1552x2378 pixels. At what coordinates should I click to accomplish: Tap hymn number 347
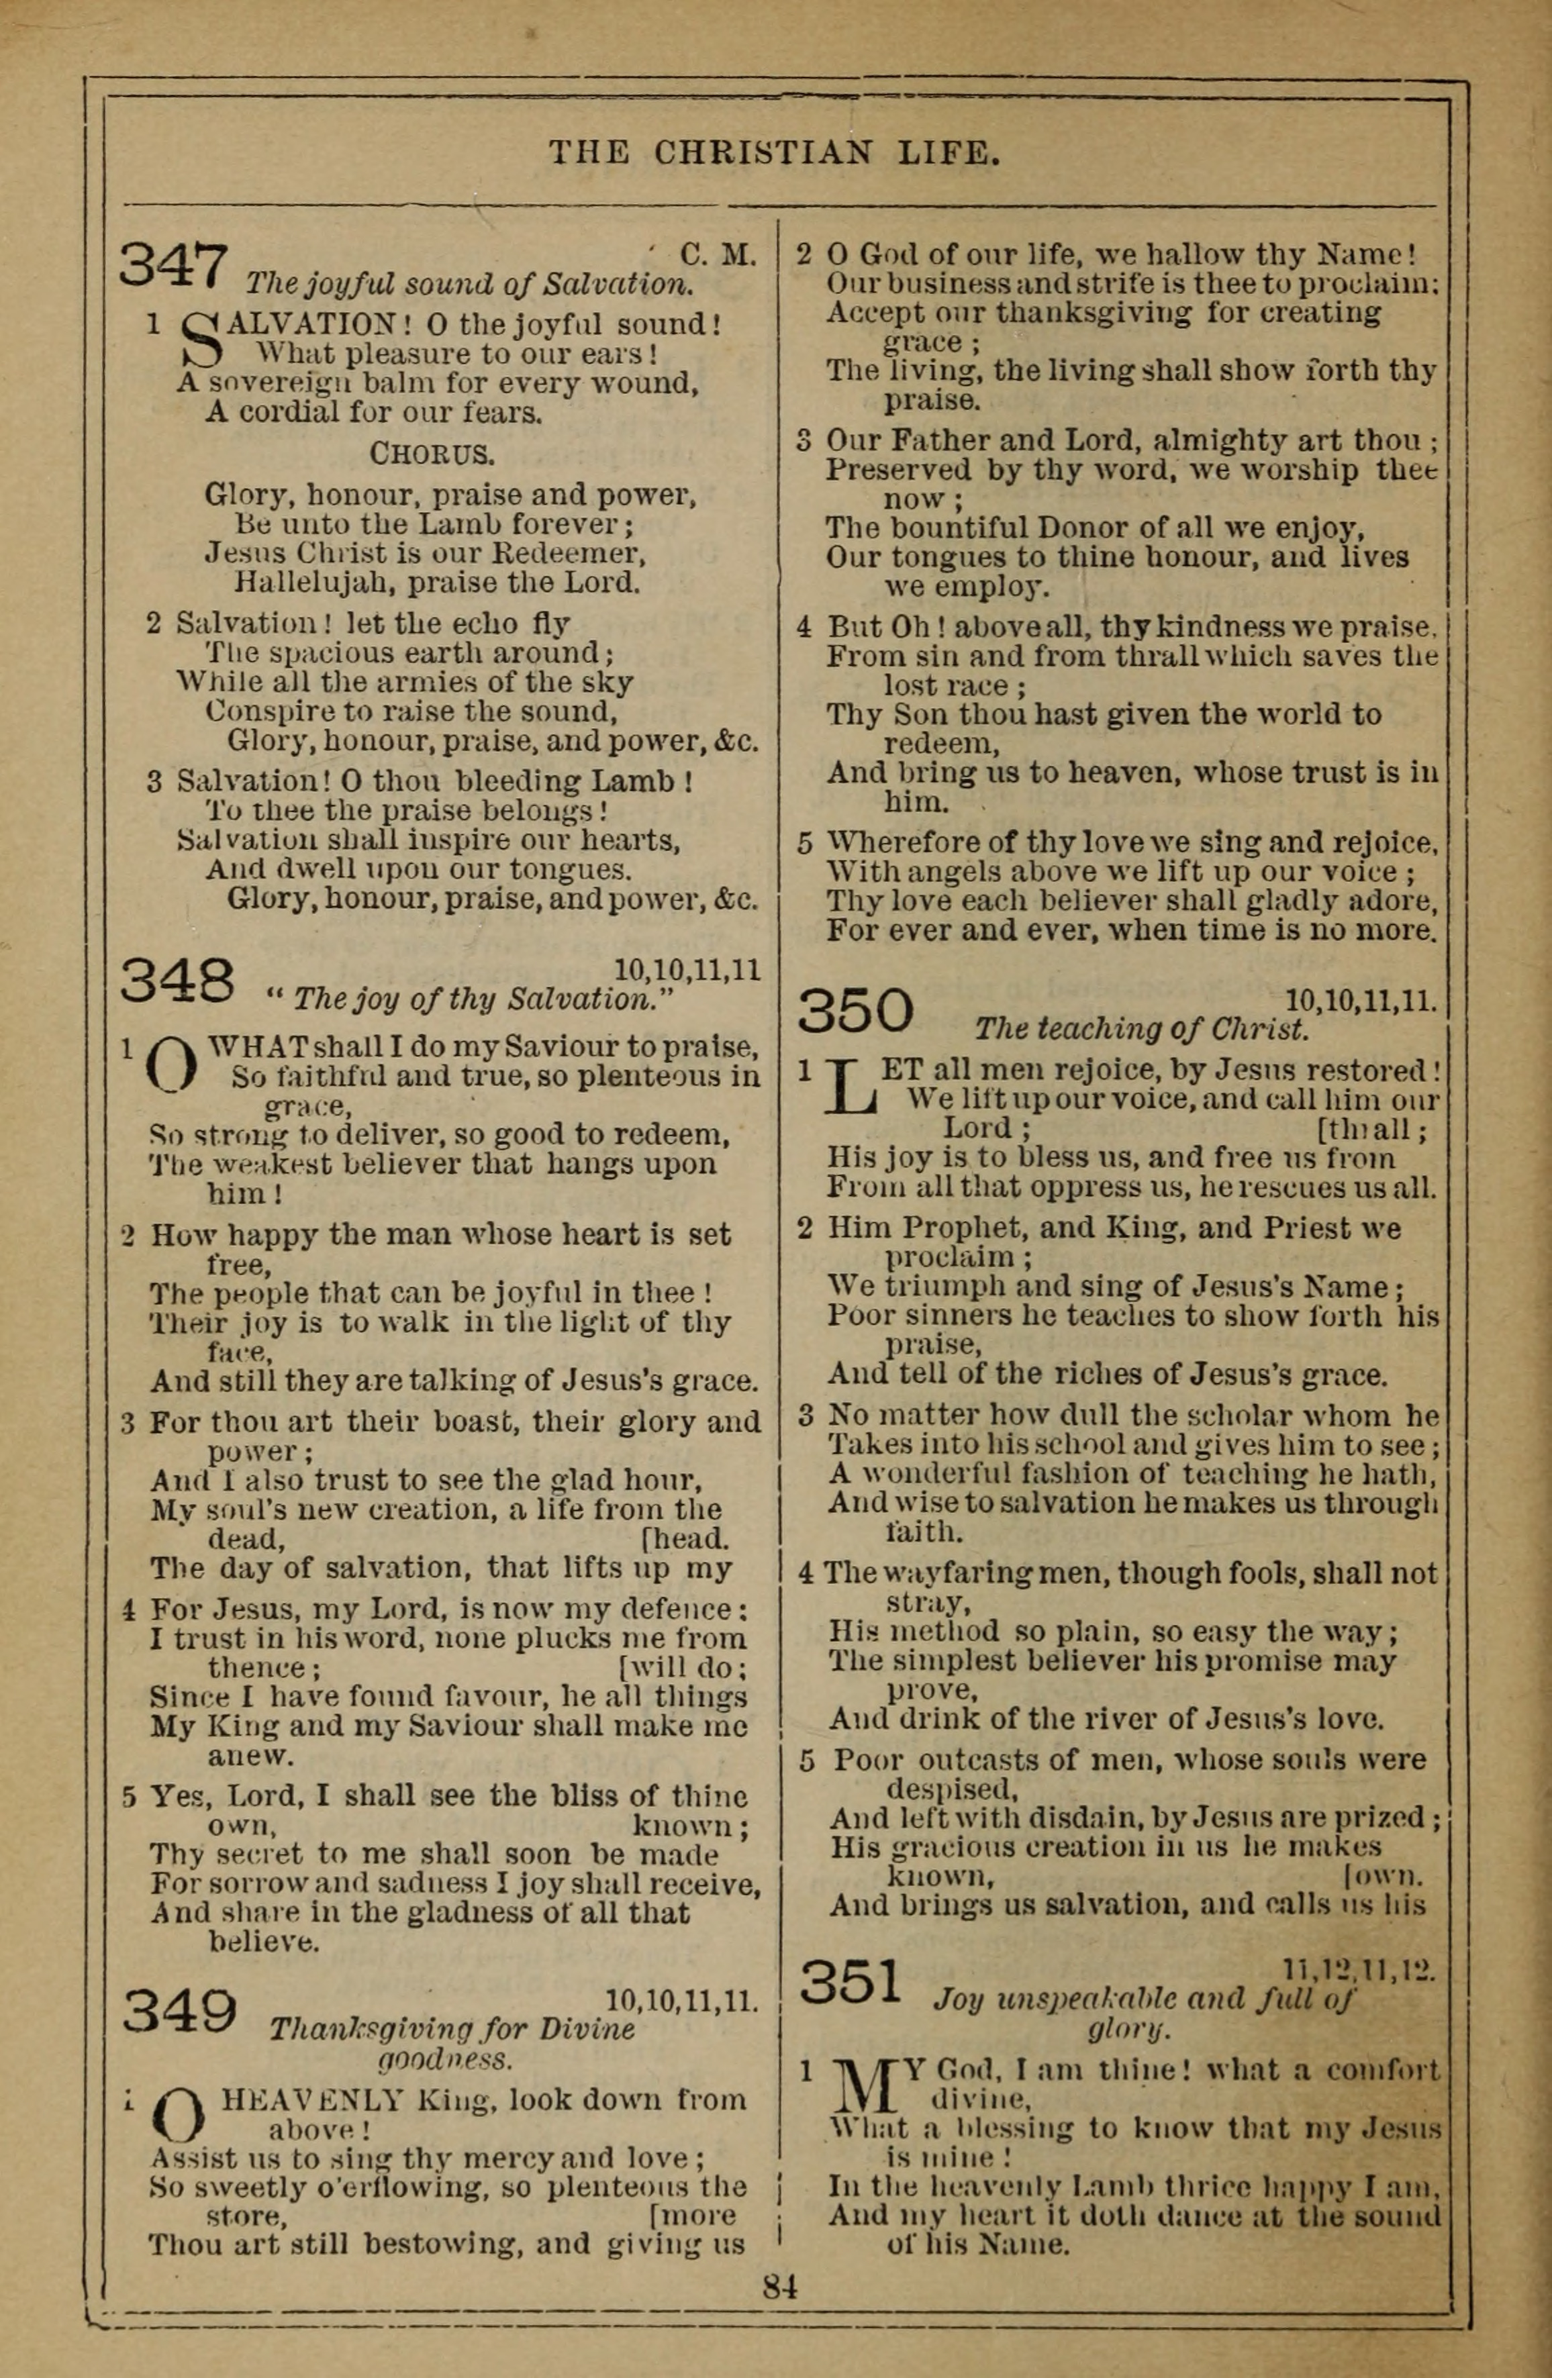pyautogui.click(x=174, y=264)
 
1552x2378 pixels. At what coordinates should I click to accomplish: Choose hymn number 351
pyautogui.click(x=851, y=1982)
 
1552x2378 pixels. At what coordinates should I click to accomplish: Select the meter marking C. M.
pyautogui.click(x=718, y=255)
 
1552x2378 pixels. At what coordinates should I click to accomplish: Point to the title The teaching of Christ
pyautogui.click(x=1141, y=1029)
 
